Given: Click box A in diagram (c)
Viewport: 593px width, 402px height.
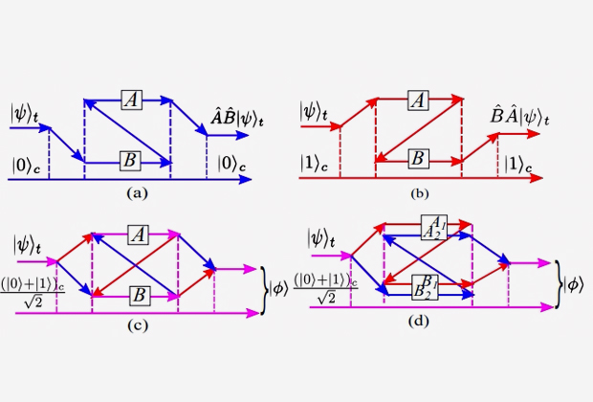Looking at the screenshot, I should [138, 234].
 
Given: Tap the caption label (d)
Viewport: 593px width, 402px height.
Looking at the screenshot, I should [421, 322].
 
